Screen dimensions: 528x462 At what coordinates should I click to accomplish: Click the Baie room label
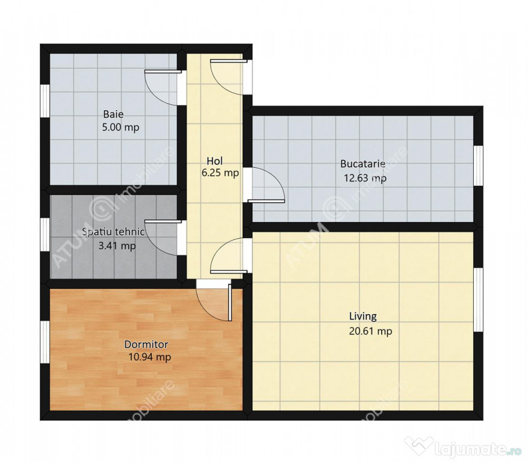coord(113,114)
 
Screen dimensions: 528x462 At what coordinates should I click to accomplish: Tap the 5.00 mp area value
coord(120,128)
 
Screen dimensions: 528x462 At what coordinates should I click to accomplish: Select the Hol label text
coord(214,161)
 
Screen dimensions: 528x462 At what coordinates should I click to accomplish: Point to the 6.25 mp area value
coord(220,173)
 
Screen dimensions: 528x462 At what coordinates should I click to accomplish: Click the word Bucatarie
coord(362,164)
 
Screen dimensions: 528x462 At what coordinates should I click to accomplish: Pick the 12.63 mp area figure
coord(365,178)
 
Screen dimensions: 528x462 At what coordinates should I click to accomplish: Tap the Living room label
coord(362,316)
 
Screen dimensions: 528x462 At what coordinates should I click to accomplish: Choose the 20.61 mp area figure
coord(370,331)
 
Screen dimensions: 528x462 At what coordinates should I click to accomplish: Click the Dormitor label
coord(146,344)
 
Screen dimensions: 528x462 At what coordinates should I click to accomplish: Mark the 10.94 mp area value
coord(149,357)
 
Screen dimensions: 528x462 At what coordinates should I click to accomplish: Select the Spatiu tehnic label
coord(113,232)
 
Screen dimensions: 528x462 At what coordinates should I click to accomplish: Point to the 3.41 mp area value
coord(117,246)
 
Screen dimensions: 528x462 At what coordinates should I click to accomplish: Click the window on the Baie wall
coord(45,100)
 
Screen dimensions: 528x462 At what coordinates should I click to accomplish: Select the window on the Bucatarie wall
coord(478,165)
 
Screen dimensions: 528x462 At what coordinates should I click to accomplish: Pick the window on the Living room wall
coord(478,300)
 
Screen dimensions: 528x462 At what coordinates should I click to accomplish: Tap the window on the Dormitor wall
coord(45,342)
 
